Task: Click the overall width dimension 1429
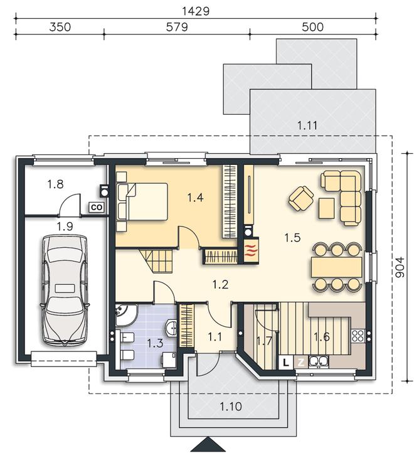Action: (x=196, y=11)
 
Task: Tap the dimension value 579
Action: (x=177, y=27)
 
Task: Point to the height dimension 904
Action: (x=400, y=267)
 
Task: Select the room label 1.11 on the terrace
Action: (x=307, y=125)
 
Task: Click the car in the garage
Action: (x=65, y=290)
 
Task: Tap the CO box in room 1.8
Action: (x=97, y=208)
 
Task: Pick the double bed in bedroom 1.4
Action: (x=142, y=201)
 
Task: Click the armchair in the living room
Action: (x=301, y=198)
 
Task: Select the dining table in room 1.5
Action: (x=337, y=267)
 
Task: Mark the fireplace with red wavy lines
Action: (x=251, y=250)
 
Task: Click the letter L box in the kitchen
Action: (x=286, y=362)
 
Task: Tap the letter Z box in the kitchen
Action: (x=301, y=362)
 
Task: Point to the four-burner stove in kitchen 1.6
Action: (x=358, y=336)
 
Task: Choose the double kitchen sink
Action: (x=319, y=361)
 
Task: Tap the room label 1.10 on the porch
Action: (x=231, y=407)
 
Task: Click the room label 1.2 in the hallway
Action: (x=220, y=285)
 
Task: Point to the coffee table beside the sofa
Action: (x=326, y=208)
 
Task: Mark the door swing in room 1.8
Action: (x=70, y=205)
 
